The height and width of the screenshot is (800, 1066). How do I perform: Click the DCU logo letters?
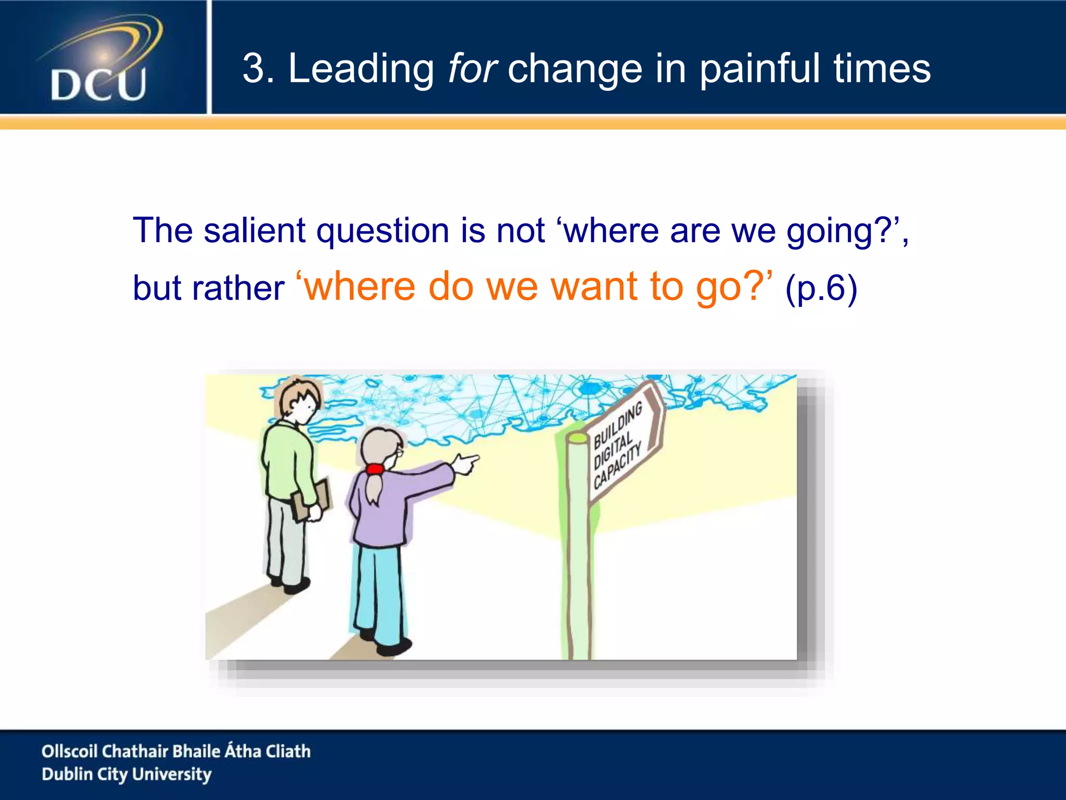98,84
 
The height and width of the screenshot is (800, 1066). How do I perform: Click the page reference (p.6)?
821,287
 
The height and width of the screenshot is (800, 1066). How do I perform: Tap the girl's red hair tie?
374,469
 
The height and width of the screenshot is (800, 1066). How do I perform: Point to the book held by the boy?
311,501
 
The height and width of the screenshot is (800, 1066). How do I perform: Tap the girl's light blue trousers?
378,589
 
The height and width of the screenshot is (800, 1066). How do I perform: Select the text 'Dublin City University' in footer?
126,774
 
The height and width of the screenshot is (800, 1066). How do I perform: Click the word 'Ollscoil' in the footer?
69,751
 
